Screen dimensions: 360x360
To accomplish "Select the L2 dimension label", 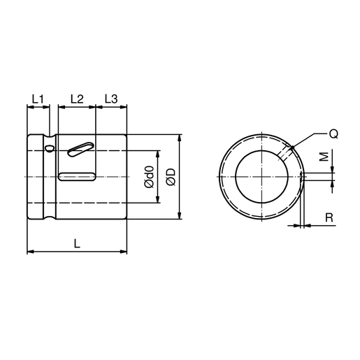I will pos(77,99).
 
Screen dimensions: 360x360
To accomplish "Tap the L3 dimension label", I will pos(111,99).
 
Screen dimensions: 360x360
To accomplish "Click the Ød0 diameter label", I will pos(148,176).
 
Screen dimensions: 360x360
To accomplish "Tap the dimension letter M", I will pos(322,158).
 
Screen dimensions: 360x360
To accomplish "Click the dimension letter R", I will pos(328,218).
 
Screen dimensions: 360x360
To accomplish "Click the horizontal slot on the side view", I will pos(77,177).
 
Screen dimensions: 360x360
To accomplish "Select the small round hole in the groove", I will pos(49,147).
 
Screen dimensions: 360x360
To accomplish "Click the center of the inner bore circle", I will pos(261,177).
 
